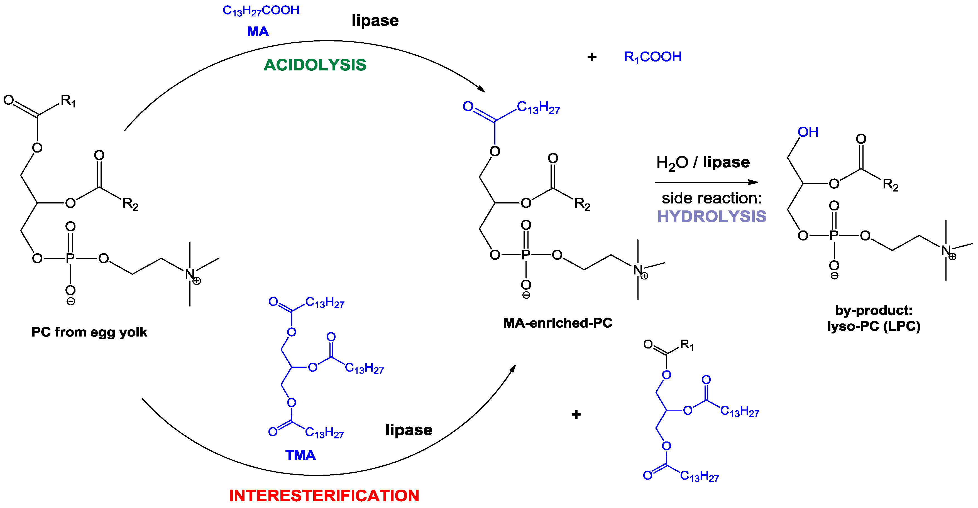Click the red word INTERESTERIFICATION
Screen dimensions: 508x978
coord(324,495)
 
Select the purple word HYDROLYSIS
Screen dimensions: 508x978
coord(712,217)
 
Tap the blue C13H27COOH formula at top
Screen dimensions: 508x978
coord(261,11)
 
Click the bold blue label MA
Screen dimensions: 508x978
coord(258,31)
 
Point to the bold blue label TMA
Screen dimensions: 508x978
coord(300,455)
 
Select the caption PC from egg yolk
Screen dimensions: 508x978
coord(89,332)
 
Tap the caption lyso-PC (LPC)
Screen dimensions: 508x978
coord(874,326)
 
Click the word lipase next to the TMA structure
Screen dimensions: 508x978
coord(409,430)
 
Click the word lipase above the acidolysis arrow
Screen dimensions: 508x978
coord(375,21)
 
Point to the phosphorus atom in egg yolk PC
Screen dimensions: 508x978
coord(70,258)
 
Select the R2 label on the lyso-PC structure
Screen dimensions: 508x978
coord(890,185)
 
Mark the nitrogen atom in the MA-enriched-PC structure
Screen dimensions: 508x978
coord(637,270)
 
